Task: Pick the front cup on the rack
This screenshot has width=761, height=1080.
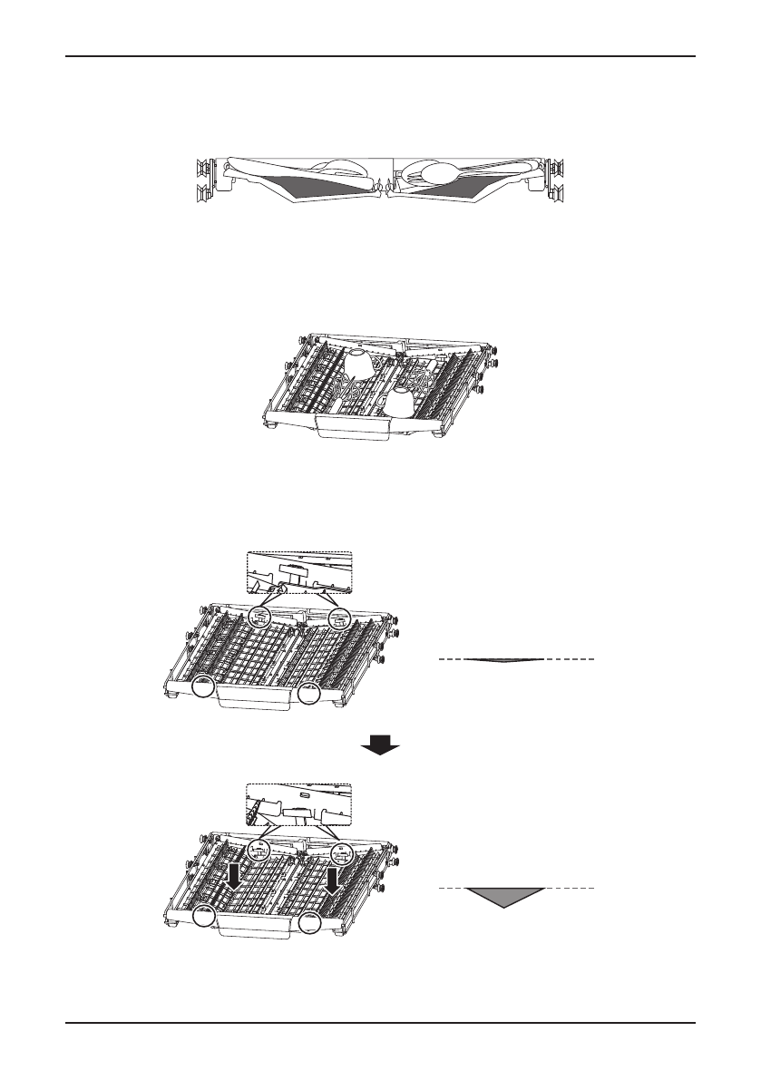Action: point(402,404)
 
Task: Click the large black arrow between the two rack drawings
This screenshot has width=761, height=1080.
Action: point(380,745)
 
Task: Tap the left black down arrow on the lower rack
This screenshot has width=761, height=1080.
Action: point(235,877)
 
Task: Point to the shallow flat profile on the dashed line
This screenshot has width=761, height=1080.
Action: point(503,661)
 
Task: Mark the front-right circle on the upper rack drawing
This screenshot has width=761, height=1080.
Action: point(310,694)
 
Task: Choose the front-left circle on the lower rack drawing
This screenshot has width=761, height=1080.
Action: point(205,919)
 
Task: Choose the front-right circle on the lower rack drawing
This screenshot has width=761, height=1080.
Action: point(310,924)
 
